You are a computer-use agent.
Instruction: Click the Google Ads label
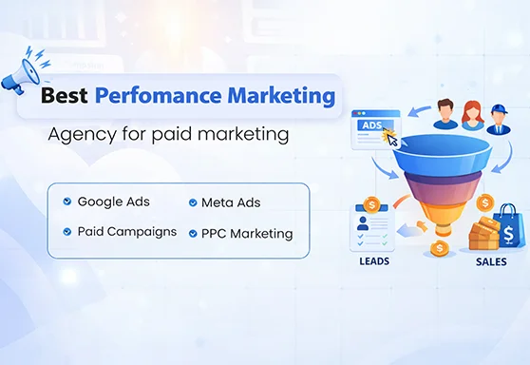coord(113,202)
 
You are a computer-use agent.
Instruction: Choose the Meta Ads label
coord(230,202)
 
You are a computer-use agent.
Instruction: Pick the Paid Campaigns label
coord(126,232)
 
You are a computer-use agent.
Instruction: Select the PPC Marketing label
coord(246,233)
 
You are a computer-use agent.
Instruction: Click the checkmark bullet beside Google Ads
coord(66,202)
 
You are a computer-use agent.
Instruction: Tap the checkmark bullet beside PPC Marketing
coord(193,233)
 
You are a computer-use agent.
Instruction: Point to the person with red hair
coord(472,113)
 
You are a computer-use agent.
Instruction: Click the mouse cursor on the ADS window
coord(388,137)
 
